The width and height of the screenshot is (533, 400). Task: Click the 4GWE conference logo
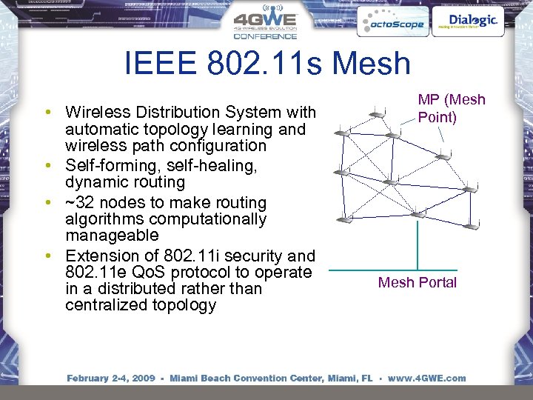tap(265, 24)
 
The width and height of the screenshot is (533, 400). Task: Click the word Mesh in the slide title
tap(371, 63)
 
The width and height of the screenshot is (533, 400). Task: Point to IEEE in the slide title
tap(160, 63)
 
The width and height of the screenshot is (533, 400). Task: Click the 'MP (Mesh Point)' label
tap(452, 108)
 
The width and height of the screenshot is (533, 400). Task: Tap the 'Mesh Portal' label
tap(418, 282)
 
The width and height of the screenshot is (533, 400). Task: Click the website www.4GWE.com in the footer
tap(427, 379)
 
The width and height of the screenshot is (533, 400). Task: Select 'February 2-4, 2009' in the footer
tap(111, 379)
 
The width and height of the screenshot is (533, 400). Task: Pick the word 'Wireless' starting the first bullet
tap(93, 113)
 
